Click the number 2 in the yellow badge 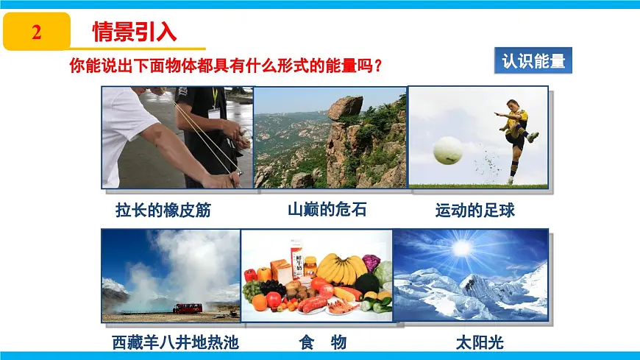pyautogui.click(x=37, y=32)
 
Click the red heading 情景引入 pyautogui.click(x=135, y=32)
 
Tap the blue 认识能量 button pyautogui.click(x=533, y=61)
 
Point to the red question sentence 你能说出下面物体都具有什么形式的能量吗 pyautogui.click(x=226, y=66)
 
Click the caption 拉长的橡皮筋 pyautogui.click(x=163, y=211)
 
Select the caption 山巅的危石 pyautogui.click(x=327, y=210)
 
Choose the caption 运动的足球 pyautogui.click(x=475, y=211)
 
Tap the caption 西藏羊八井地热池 pyautogui.click(x=176, y=342)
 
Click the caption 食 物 pyautogui.click(x=323, y=342)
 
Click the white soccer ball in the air pyautogui.click(x=447, y=150)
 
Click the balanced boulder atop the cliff pyautogui.click(x=345, y=107)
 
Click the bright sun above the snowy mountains pyautogui.click(x=462, y=248)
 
